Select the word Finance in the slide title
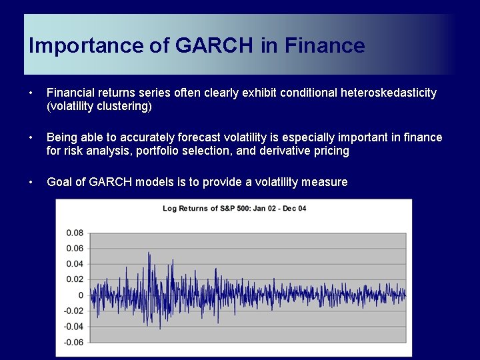click(x=325, y=46)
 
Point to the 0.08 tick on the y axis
click(x=75, y=233)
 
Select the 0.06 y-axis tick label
click(x=75, y=249)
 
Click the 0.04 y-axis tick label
click(x=75, y=264)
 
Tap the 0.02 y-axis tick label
click(x=75, y=279)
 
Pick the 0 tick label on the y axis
click(x=81, y=295)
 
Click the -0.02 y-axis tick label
click(x=73, y=311)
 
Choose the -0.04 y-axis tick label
click(x=73, y=327)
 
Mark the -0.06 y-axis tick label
click(x=73, y=342)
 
